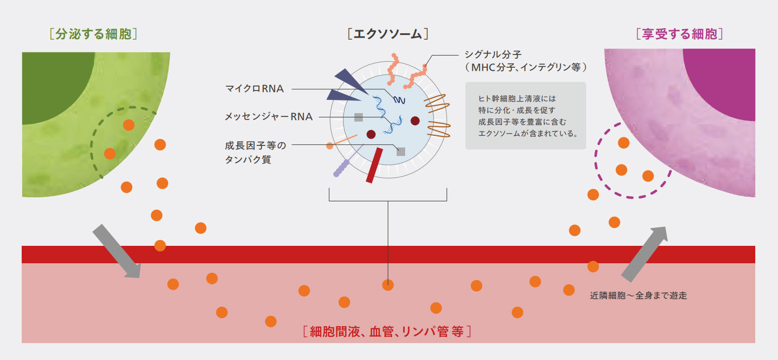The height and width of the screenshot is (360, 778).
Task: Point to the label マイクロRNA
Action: click(x=254, y=89)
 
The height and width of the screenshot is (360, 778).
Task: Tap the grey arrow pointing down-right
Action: click(x=116, y=251)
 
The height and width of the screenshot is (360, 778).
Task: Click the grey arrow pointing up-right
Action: click(x=645, y=254)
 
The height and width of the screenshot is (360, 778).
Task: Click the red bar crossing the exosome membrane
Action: click(x=374, y=165)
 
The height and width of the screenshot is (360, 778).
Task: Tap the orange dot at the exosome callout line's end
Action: click(x=388, y=285)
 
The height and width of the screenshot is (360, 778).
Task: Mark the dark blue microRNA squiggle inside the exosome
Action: click(x=398, y=99)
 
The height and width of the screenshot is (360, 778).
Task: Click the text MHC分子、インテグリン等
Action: click(x=526, y=68)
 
